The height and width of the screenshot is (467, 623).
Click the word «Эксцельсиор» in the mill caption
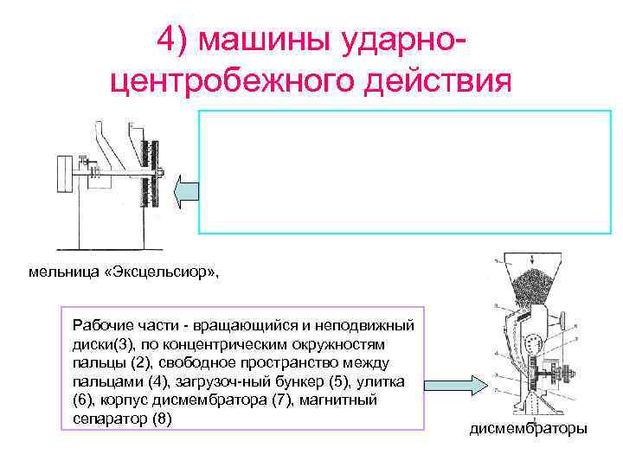[177, 272]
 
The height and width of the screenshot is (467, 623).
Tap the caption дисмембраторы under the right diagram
[527, 428]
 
